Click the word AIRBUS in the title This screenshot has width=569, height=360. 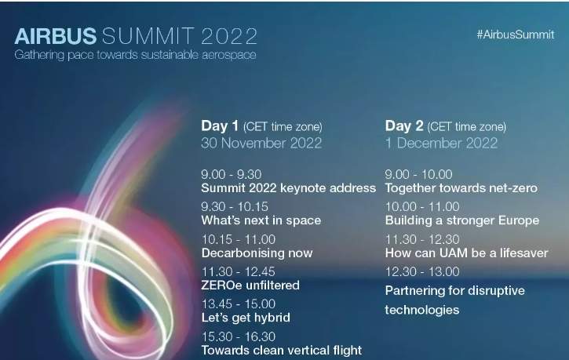pyautogui.click(x=56, y=36)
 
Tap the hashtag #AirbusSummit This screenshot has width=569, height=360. pyautogui.click(x=516, y=35)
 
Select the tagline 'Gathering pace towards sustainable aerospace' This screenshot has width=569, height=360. pyautogui.click(x=135, y=55)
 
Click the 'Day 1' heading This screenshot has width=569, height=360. pyautogui.click(x=220, y=125)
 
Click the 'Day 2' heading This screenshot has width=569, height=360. pyautogui.click(x=404, y=125)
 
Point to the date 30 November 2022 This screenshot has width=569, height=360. pyautogui.click(x=261, y=143)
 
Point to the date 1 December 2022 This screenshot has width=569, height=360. pyautogui.click(x=441, y=143)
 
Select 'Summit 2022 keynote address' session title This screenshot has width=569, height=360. pyautogui.click(x=289, y=188)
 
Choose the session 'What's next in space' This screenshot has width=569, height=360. pyautogui.click(x=261, y=220)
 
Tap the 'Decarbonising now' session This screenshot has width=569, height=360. pyautogui.click(x=257, y=253)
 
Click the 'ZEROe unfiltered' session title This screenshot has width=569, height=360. pyautogui.click(x=250, y=285)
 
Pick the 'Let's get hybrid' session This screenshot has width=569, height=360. pyautogui.click(x=246, y=318)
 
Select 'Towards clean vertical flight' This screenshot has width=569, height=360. pyautogui.click(x=282, y=351)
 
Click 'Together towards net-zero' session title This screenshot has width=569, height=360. pyautogui.click(x=461, y=188)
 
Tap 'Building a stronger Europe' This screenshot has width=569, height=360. pyautogui.click(x=462, y=220)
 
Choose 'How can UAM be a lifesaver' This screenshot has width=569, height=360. pyautogui.click(x=467, y=253)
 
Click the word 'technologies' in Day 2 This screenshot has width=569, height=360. pyautogui.click(x=422, y=310)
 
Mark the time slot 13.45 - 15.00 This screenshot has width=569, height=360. pyautogui.click(x=239, y=304)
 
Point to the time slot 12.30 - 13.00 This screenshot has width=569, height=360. pyautogui.click(x=422, y=271)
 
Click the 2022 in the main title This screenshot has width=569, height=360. pyautogui.click(x=229, y=36)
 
